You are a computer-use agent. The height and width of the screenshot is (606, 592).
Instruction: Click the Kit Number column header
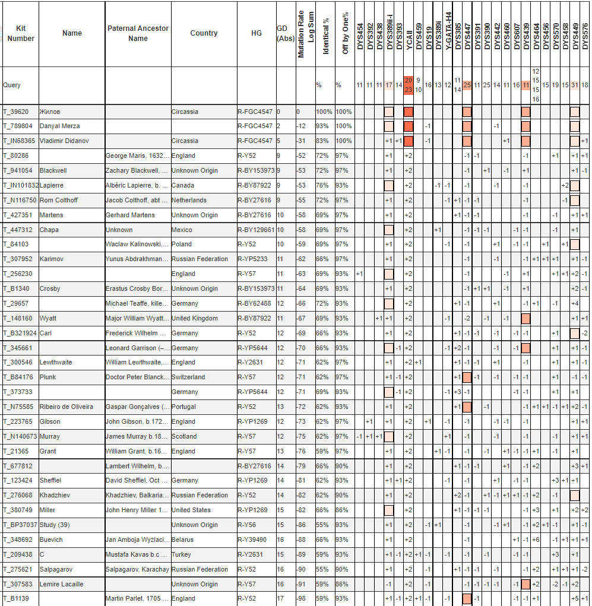pos(21,33)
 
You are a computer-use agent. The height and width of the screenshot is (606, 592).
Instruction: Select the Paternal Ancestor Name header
pos(138,33)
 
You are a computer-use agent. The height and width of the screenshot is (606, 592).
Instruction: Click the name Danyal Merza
pos(59,126)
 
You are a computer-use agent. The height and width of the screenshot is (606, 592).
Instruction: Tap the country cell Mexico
pos(182,230)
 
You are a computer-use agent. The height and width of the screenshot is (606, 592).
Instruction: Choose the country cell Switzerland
pos(188,377)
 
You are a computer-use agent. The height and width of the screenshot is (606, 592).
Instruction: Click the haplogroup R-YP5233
pos(254,259)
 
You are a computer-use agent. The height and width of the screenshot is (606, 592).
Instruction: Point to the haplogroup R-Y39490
pos(255,540)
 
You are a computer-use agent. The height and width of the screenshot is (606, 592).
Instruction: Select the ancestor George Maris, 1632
pos(137,156)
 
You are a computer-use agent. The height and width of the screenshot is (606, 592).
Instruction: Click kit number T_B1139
pos(16,598)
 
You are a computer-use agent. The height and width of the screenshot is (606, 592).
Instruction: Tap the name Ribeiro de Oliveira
pos(66,407)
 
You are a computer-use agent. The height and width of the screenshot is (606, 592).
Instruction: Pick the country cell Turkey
pos(181,554)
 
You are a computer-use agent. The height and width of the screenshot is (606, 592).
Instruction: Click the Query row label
pos(12,85)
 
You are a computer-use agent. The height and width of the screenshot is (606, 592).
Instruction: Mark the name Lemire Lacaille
pos(61,584)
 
